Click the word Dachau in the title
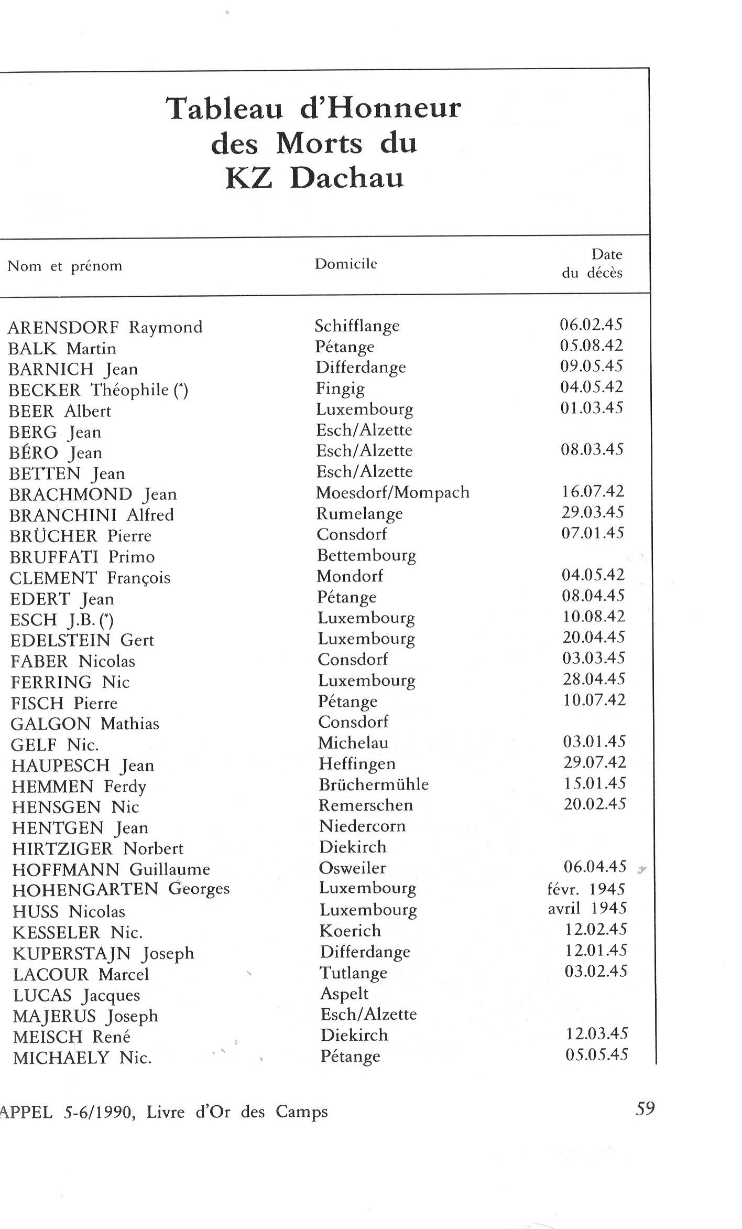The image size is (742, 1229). [x=347, y=179]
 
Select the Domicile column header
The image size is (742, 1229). [x=346, y=264]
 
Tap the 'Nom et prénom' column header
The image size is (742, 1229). [x=65, y=266]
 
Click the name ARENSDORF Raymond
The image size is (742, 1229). [x=105, y=328]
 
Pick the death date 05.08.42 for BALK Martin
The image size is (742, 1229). [x=592, y=346]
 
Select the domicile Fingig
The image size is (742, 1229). [x=340, y=389]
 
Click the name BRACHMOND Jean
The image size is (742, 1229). [x=93, y=494]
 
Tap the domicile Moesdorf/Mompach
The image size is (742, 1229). [x=393, y=492]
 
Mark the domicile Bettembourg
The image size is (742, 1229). [x=367, y=555]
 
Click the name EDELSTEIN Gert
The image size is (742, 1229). [x=82, y=640]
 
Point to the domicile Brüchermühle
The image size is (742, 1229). [x=374, y=784]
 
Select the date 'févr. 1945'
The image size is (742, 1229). [x=587, y=889]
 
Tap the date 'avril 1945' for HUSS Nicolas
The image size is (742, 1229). [x=587, y=908]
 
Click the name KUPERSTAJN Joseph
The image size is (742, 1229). [x=103, y=953]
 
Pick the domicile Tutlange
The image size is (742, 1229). [x=354, y=973]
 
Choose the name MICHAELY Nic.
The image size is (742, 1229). [x=82, y=1058]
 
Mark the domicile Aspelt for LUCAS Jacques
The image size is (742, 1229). [x=344, y=994]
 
